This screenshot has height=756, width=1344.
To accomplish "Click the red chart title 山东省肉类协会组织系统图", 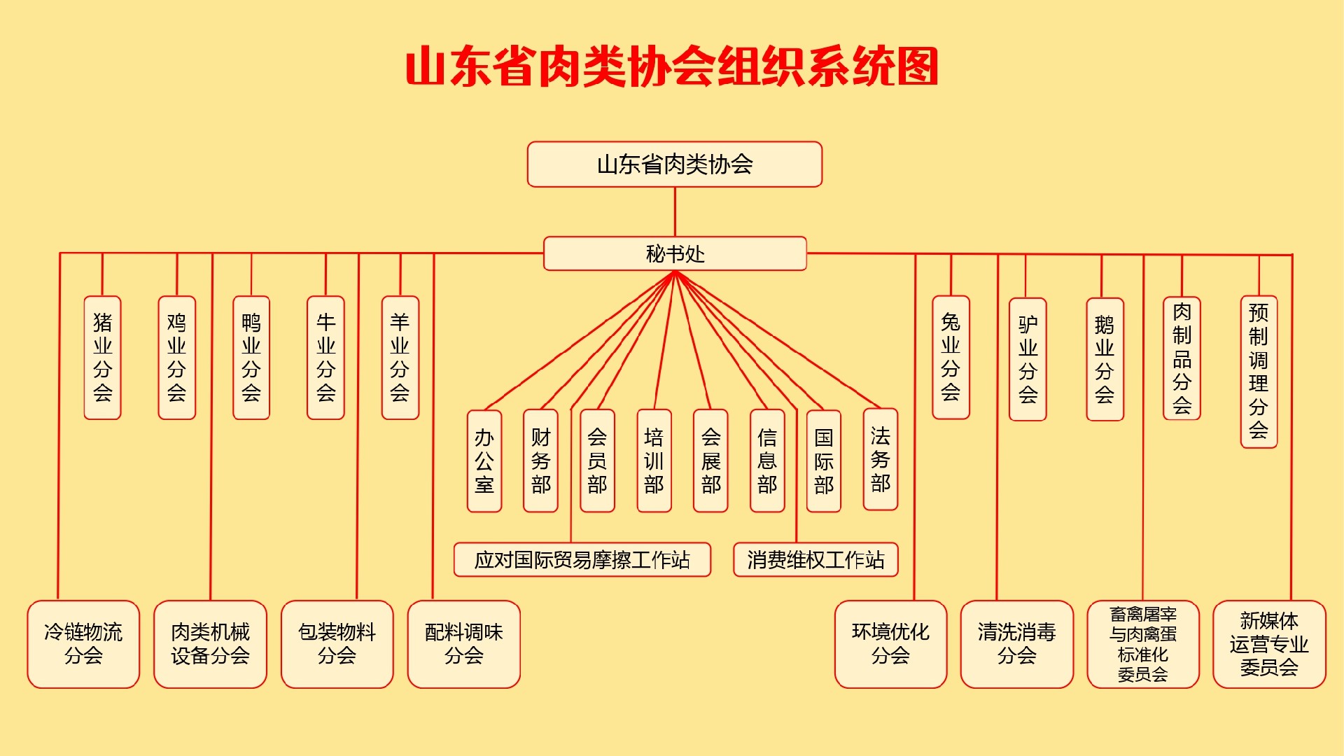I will [672, 67].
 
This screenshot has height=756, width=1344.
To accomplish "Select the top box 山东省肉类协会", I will [674, 164].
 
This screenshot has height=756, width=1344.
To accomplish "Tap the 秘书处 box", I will [675, 253].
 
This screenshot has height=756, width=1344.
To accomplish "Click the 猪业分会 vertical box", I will [102, 358].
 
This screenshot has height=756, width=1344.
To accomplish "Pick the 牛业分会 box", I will [325, 358].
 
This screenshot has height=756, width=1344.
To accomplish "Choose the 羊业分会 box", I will [400, 358].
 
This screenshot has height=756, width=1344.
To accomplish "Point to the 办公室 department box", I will [484, 461].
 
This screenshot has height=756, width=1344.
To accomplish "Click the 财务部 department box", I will [540, 461].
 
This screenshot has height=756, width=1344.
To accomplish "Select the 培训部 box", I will [654, 461].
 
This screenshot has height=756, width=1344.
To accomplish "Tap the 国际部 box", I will [823, 461].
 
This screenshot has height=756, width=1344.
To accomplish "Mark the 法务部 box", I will [880, 459].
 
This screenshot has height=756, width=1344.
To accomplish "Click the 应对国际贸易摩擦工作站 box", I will [582, 559].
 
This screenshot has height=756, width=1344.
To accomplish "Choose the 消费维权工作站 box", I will [815, 559].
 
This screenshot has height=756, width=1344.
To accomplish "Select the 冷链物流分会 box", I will [83, 644].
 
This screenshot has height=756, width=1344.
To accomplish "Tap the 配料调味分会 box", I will [463, 644].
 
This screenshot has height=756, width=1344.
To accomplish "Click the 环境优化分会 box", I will [890, 644].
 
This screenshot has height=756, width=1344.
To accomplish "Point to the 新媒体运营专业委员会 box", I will [1269, 644].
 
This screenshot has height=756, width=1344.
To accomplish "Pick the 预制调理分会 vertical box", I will [1259, 372].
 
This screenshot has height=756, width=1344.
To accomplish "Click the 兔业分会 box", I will [951, 358].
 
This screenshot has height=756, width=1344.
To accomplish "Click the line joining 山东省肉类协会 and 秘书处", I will [675, 211].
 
